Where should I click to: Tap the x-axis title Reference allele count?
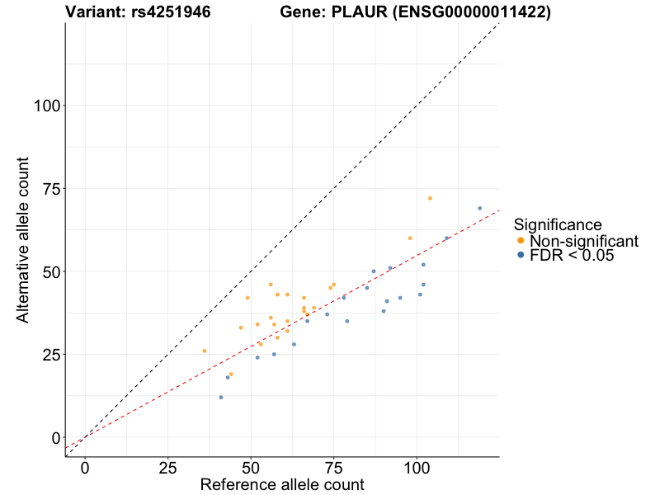[282, 484]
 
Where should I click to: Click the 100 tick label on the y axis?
[48, 106]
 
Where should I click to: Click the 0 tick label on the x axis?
[85, 467]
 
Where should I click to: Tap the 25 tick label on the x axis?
[168, 467]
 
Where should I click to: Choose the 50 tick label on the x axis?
[251, 467]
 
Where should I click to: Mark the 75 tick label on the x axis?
[334, 467]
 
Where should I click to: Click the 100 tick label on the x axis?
[417, 467]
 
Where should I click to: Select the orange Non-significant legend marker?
[521, 241]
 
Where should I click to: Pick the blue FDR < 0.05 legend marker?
[521, 256]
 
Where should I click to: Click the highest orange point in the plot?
[430, 198]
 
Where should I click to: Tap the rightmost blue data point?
[479, 208]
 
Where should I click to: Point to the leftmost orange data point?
[205, 351]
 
